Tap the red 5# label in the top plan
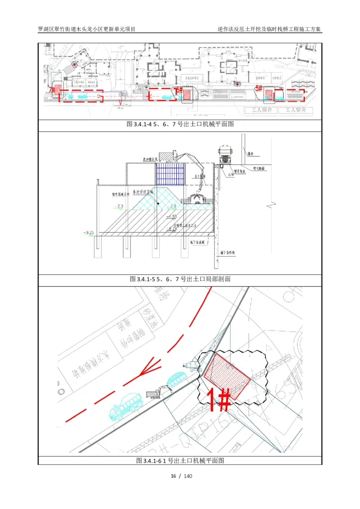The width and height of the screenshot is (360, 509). click(258, 89)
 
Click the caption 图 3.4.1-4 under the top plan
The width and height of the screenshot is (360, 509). click(180, 125)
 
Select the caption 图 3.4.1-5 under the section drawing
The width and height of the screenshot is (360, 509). click(180, 279)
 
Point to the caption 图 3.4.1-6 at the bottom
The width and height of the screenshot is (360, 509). click(180, 461)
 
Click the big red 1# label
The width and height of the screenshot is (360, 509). click(219, 398)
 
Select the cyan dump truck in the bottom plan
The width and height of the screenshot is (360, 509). click(125, 405)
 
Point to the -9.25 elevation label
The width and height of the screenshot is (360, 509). click(89, 233)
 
